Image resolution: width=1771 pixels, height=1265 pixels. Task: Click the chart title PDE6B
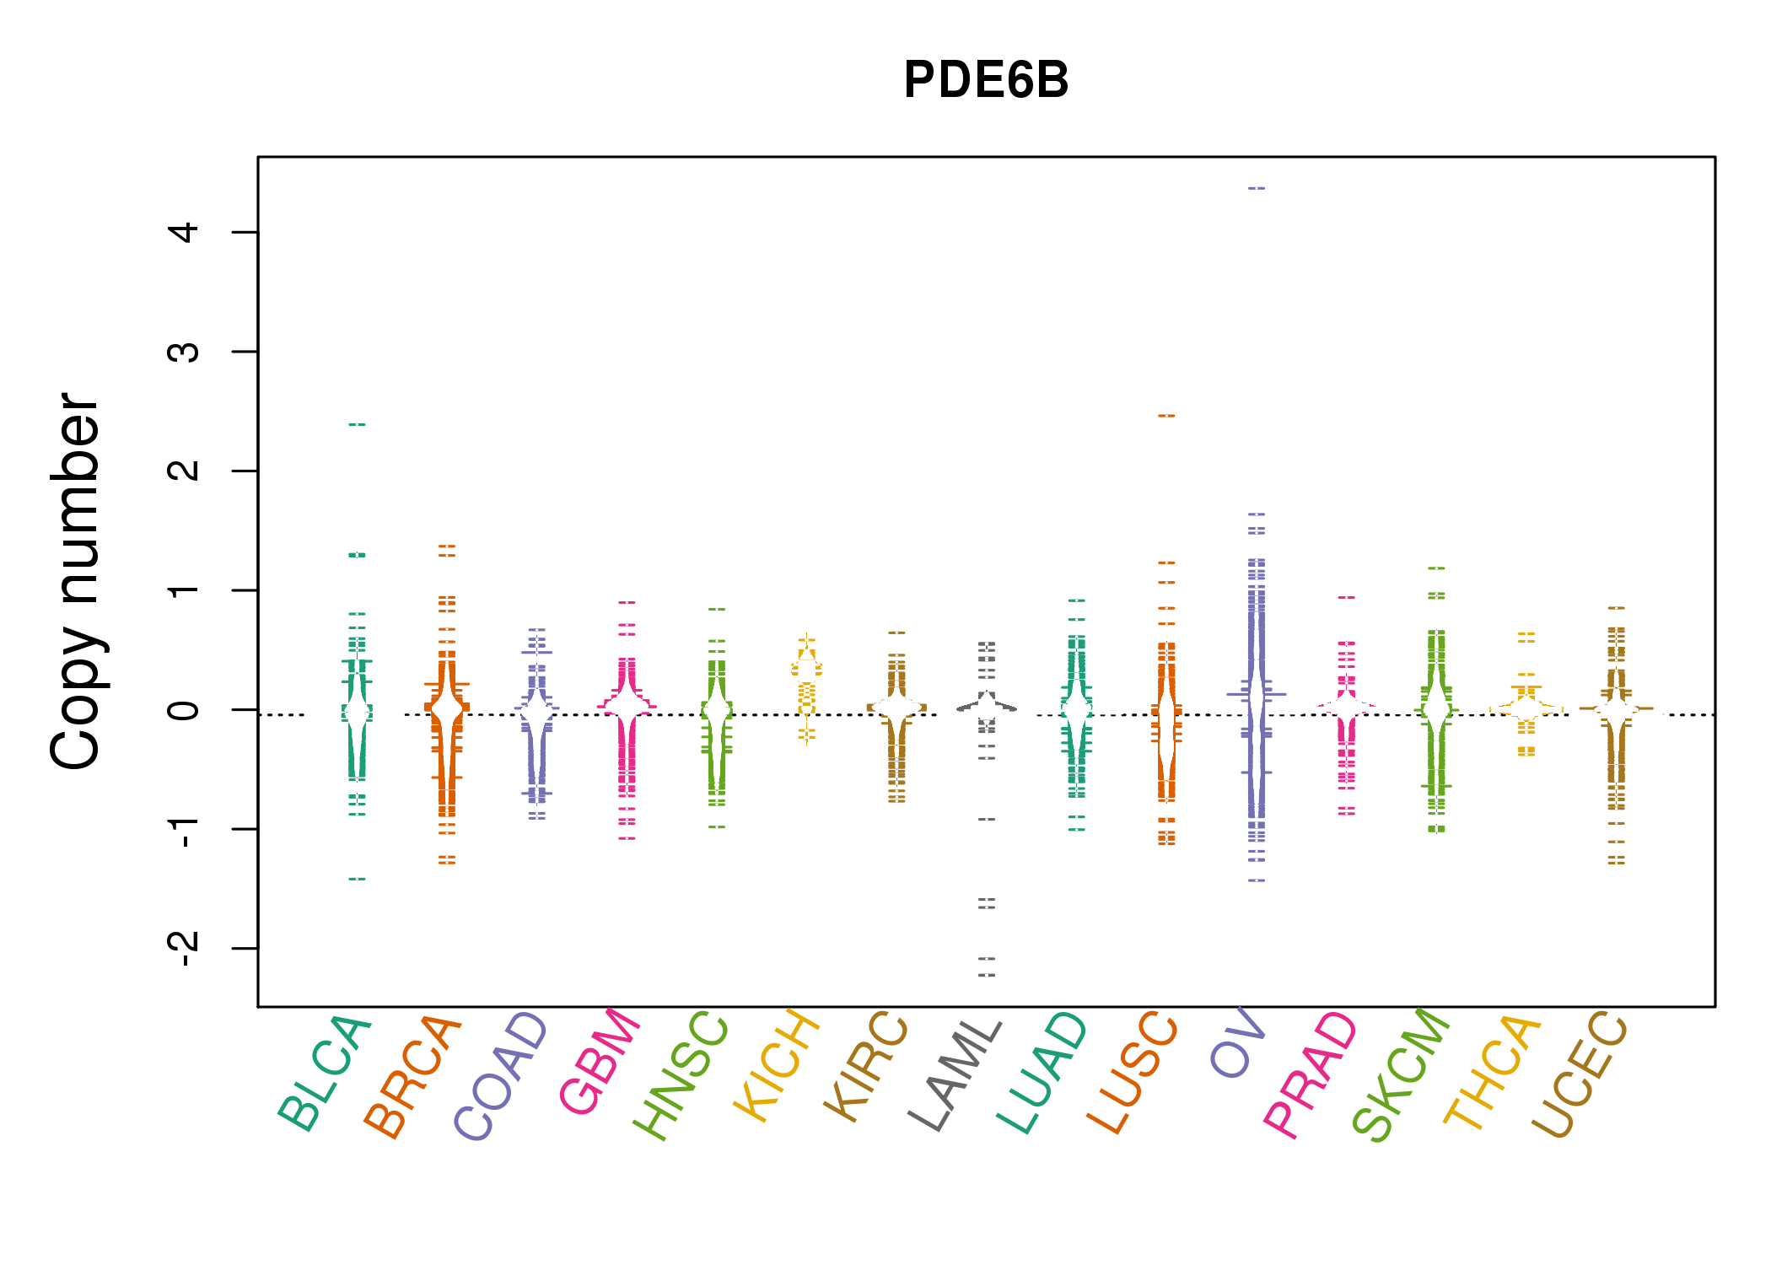click(985, 80)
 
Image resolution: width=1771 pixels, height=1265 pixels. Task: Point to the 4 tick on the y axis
click(184, 232)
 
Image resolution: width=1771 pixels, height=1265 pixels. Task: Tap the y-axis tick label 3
click(184, 352)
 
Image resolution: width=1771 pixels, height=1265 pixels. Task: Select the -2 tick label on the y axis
click(184, 949)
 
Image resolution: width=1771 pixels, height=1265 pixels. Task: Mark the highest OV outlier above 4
click(1257, 188)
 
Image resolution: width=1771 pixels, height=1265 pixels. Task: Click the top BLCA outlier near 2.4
click(358, 424)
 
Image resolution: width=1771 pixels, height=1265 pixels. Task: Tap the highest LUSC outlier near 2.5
click(1166, 416)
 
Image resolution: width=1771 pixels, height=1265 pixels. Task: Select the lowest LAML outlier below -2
click(987, 975)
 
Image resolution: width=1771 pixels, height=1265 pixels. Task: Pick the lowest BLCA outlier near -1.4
click(358, 879)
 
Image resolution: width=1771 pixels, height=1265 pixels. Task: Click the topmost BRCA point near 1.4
click(447, 546)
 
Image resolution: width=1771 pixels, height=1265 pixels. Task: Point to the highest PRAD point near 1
click(1347, 597)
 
